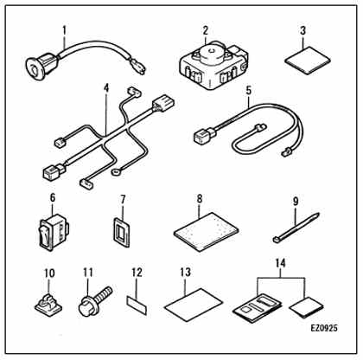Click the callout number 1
[64, 29]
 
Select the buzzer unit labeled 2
[213, 65]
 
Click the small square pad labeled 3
[308, 61]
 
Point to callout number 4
[106, 88]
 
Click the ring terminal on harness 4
[115, 172]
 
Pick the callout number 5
[249, 90]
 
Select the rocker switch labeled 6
[54, 232]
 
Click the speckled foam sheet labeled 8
[207, 232]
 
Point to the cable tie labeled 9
[296, 228]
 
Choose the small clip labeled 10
[48, 305]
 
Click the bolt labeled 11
[95, 300]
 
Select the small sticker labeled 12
[137, 305]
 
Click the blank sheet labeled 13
[194, 304]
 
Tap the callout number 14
[280, 263]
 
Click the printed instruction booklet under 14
[257, 307]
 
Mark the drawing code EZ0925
[324, 328]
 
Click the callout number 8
[200, 199]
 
